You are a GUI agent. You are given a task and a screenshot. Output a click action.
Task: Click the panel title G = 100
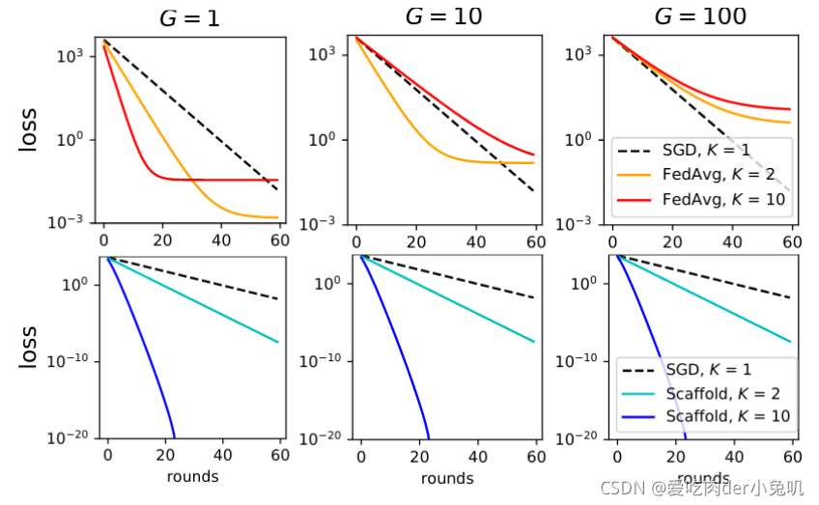point(700,16)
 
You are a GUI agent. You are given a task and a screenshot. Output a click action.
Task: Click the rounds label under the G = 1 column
point(192,476)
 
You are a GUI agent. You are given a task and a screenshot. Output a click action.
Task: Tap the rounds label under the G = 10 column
point(447,478)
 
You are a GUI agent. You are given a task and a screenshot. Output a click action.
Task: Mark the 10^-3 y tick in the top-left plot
point(72,223)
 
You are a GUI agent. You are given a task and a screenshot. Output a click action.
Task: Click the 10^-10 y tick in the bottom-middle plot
point(322,361)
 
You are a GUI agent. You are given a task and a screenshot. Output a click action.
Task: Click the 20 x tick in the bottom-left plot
point(165,455)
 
